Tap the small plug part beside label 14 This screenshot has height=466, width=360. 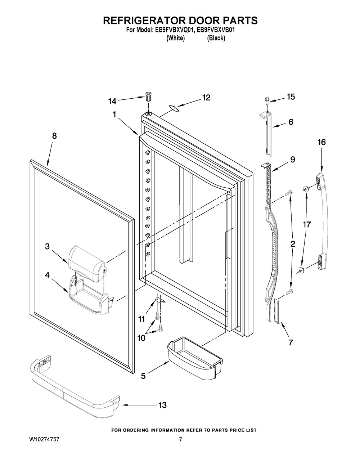pyautogui.click(x=148, y=97)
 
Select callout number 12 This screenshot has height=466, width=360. pyautogui.click(x=206, y=98)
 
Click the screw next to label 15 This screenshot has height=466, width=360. pyautogui.click(x=268, y=99)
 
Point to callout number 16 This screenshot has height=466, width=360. pyautogui.click(x=321, y=142)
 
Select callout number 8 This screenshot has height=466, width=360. pyautogui.click(x=54, y=136)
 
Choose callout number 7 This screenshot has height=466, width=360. pyautogui.click(x=290, y=342)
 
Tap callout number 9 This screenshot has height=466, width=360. pyautogui.click(x=292, y=159)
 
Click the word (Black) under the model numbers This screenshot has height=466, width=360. pyautogui.click(x=216, y=39)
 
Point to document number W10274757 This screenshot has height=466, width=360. pyautogui.click(x=44, y=440)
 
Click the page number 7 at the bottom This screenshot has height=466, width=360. pyautogui.click(x=181, y=440)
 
